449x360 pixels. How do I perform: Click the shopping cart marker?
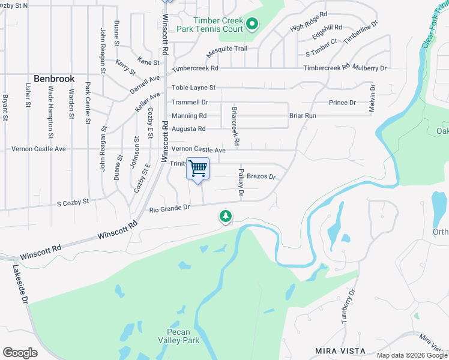(197, 169)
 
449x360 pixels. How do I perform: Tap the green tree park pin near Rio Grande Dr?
(226, 216)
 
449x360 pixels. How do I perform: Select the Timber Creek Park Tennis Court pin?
(252, 25)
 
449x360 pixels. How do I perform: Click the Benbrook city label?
(53, 79)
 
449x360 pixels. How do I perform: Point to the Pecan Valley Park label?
(182, 336)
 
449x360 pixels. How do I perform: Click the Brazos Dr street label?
(261, 176)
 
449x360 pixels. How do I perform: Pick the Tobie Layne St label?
(193, 88)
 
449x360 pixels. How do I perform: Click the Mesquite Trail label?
(226, 49)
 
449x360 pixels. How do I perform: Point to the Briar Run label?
(303, 115)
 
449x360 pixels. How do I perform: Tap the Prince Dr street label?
(342, 103)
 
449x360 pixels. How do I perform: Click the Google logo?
(20, 353)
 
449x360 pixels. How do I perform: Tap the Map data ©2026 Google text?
(411, 355)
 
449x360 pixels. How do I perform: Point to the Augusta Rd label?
(188, 129)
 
